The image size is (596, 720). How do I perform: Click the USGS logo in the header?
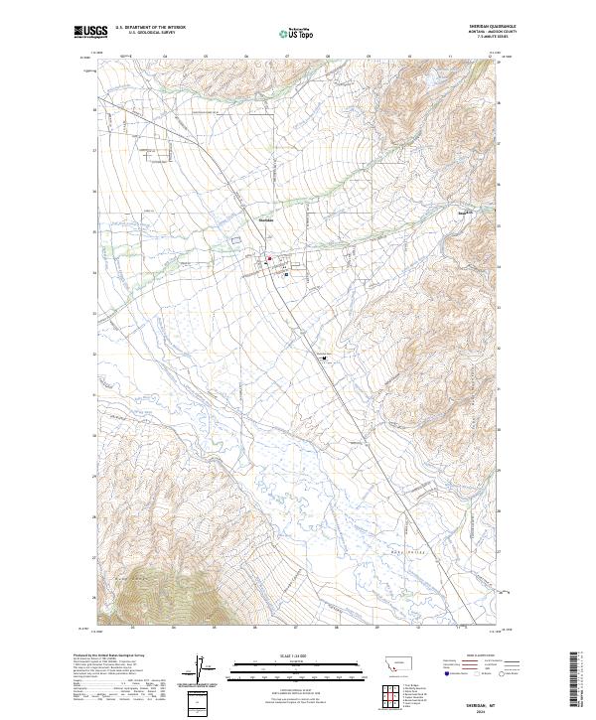click(91, 32)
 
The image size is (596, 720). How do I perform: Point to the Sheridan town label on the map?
click(265, 219)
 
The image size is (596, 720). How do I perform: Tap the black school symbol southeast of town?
click(324, 361)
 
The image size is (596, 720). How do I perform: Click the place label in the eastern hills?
click(463, 213)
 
